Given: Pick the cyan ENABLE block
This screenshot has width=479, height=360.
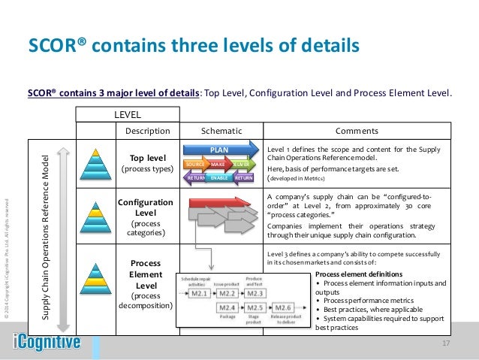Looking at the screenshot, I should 219,177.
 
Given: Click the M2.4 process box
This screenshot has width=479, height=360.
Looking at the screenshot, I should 227,309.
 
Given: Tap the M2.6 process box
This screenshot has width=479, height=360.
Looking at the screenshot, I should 283,309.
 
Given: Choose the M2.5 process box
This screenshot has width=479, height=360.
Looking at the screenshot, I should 255,309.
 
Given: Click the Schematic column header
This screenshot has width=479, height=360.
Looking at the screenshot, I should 221,130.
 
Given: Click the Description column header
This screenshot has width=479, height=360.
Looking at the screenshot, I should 147,130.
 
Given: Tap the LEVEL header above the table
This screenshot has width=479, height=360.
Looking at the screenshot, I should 128,114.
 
